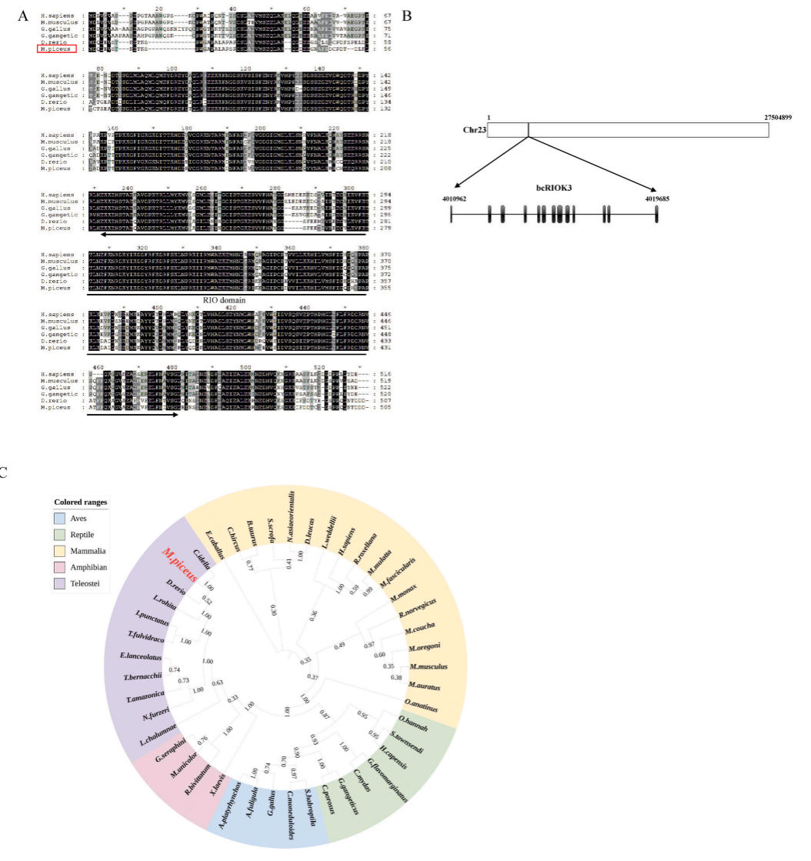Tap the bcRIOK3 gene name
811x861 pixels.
[554, 187]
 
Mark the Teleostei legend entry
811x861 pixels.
[84, 584]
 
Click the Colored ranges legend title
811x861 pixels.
[80, 502]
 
